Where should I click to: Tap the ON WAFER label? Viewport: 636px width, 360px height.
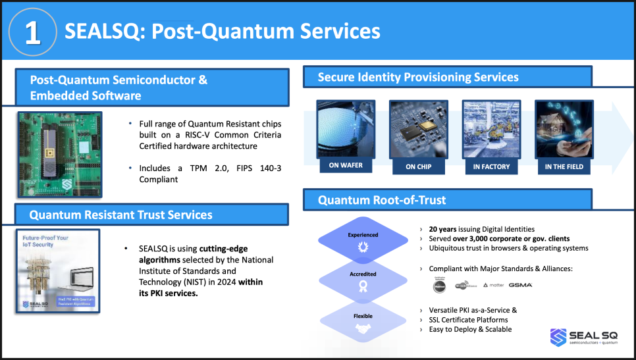click(x=346, y=166)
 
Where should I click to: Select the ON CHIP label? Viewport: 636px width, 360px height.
click(x=419, y=167)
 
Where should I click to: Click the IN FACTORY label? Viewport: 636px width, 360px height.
click(x=491, y=167)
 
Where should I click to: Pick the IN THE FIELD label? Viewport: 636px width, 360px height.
click(x=564, y=167)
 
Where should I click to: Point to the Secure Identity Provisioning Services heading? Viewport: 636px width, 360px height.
click(x=418, y=77)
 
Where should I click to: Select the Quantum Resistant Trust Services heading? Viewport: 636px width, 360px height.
click(x=120, y=215)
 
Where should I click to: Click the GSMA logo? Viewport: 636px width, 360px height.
click(x=520, y=285)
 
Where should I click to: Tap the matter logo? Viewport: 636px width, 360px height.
click(x=493, y=285)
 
